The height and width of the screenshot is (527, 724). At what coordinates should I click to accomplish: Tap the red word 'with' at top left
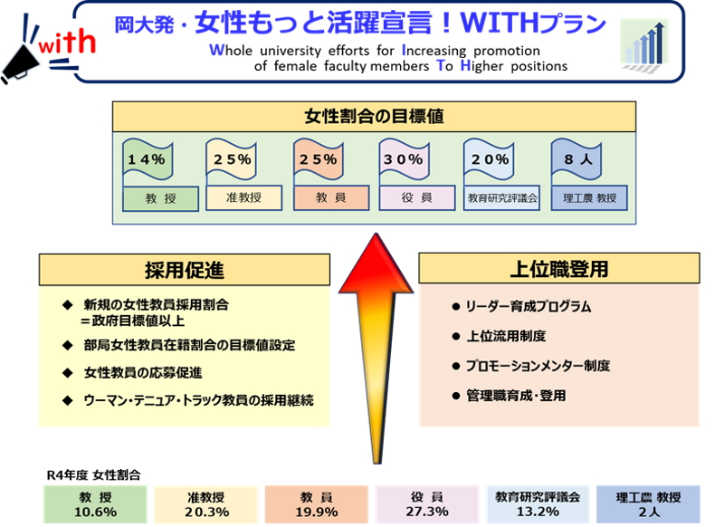[67, 42]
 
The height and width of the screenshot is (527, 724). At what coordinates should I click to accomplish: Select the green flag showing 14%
[148, 159]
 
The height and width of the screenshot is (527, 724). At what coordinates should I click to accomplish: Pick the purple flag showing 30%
[404, 159]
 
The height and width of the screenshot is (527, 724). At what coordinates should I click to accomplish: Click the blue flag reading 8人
[576, 159]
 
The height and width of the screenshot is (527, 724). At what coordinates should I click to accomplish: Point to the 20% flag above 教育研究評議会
[490, 159]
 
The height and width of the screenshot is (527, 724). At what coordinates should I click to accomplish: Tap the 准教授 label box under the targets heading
[243, 198]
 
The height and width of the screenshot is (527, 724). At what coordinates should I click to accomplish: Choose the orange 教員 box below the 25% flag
[331, 198]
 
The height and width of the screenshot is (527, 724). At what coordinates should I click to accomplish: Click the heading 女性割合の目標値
[374, 117]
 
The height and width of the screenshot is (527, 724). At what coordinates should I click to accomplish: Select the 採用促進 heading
[185, 270]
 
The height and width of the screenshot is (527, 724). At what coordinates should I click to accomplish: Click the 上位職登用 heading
[559, 269]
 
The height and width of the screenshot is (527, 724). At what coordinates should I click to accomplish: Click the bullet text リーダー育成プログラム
[528, 307]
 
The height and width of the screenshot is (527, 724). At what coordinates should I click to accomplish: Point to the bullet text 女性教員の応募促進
[143, 373]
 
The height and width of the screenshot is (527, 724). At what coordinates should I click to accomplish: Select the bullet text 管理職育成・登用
[516, 396]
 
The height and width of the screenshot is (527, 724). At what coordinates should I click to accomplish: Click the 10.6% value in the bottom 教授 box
[95, 513]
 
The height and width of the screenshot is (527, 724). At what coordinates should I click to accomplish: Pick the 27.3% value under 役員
[427, 512]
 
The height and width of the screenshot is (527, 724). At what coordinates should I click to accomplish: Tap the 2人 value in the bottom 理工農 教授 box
[649, 513]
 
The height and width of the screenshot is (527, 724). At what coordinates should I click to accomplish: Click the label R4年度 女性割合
[94, 475]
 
